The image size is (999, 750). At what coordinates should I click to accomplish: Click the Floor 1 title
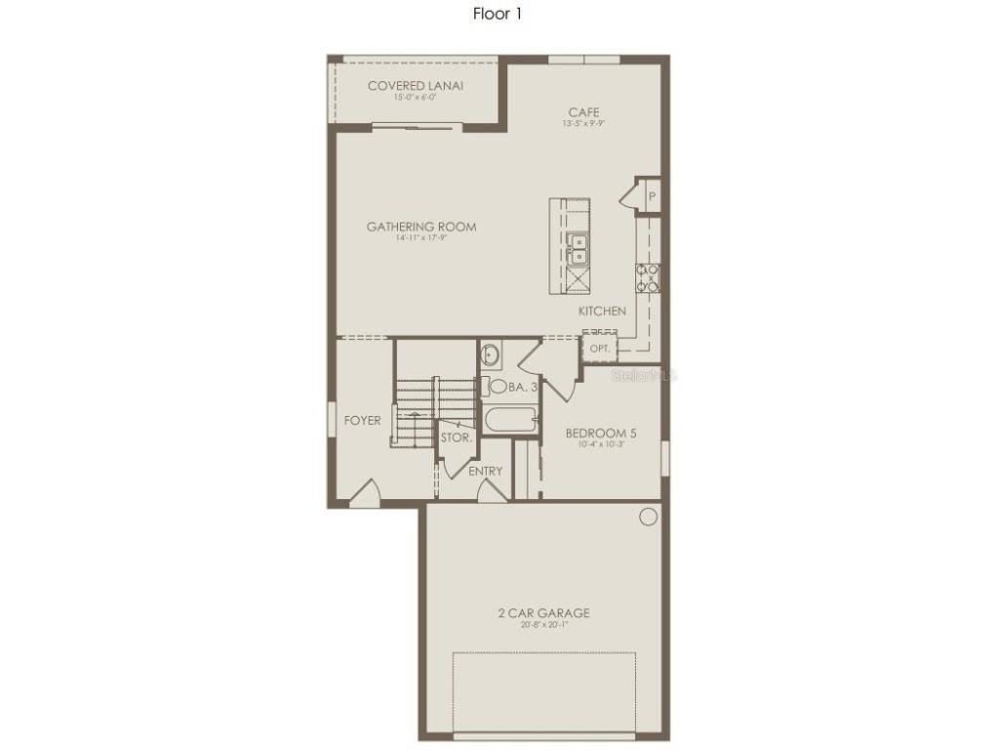coord(499,14)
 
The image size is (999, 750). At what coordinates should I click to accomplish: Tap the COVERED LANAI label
coord(415,86)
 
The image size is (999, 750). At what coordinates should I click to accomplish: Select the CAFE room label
coord(583,112)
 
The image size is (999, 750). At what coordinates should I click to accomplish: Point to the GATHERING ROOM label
coord(421,227)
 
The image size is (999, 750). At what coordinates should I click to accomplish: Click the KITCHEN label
coord(602,311)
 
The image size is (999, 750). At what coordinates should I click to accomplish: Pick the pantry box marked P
coord(651,196)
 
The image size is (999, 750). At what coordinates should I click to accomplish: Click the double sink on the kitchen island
coord(578,249)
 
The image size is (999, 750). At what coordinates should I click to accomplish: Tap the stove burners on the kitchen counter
coord(649,278)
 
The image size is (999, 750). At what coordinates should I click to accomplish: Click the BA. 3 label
coord(523,388)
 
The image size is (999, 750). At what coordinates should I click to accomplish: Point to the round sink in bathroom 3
coord(491,354)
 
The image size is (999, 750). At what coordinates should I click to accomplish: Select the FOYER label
coord(363,421)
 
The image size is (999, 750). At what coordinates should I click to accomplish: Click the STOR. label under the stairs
coord(456,438)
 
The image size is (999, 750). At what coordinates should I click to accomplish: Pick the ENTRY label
coord(485,471)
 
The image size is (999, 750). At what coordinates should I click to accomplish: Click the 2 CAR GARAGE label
coord(543,613)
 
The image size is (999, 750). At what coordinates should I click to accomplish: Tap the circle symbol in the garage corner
coord(648,517)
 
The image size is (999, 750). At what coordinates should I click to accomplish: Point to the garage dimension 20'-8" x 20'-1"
coord(543,625)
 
